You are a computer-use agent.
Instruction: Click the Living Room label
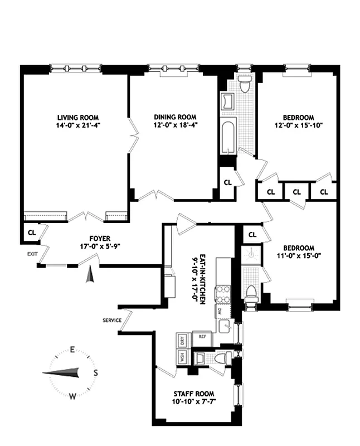(78, 117)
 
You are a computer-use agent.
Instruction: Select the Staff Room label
(193, 394)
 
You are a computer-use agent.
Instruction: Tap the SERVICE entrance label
(112, 321)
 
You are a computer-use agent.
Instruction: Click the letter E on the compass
(72, 350)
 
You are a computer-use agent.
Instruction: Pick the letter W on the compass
(72, 396)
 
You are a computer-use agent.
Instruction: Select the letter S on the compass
(95, 373)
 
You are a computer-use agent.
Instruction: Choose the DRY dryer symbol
(182, 339)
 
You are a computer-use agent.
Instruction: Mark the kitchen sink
(225, 327)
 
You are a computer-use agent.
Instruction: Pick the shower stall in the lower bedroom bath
(252, 255)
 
